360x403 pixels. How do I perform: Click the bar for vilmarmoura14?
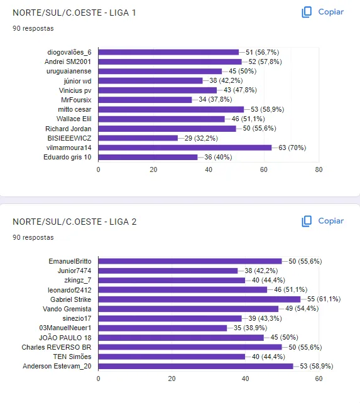[x=185, y=148]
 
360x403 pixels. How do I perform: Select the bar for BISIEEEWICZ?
[x=138, y=138]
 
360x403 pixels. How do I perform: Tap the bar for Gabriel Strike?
[x=199, y=299]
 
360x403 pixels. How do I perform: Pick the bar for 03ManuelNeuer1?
[x=162, y=328]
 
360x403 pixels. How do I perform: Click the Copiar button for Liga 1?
[x=322, y=12]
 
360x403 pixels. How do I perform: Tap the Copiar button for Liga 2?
[x=322, y=221]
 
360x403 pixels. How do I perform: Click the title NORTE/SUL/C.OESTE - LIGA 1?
[x=74, y=13]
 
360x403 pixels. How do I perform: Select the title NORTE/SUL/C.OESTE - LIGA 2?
[x=75, y=222]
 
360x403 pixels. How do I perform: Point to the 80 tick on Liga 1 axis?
[x=319, y=169]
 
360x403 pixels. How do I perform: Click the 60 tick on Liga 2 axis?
[x=319, y=379]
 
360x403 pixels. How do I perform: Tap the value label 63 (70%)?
[x=292, y=148]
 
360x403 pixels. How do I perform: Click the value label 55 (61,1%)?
[x=324, y=299]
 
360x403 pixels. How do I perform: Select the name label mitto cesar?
[x=75, y=109]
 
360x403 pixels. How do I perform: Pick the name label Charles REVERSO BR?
[x=57, y=347]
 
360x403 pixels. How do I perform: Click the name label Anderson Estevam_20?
[x=57, y=366]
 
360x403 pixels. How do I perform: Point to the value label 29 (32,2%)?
[x=201, y=138]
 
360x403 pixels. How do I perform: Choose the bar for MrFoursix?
[x=145, y=100]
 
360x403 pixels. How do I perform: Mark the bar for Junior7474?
[x=168, y=271]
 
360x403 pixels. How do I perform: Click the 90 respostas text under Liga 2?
[x=33, y=237]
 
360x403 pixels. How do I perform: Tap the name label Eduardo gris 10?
[x=67, y=157]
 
